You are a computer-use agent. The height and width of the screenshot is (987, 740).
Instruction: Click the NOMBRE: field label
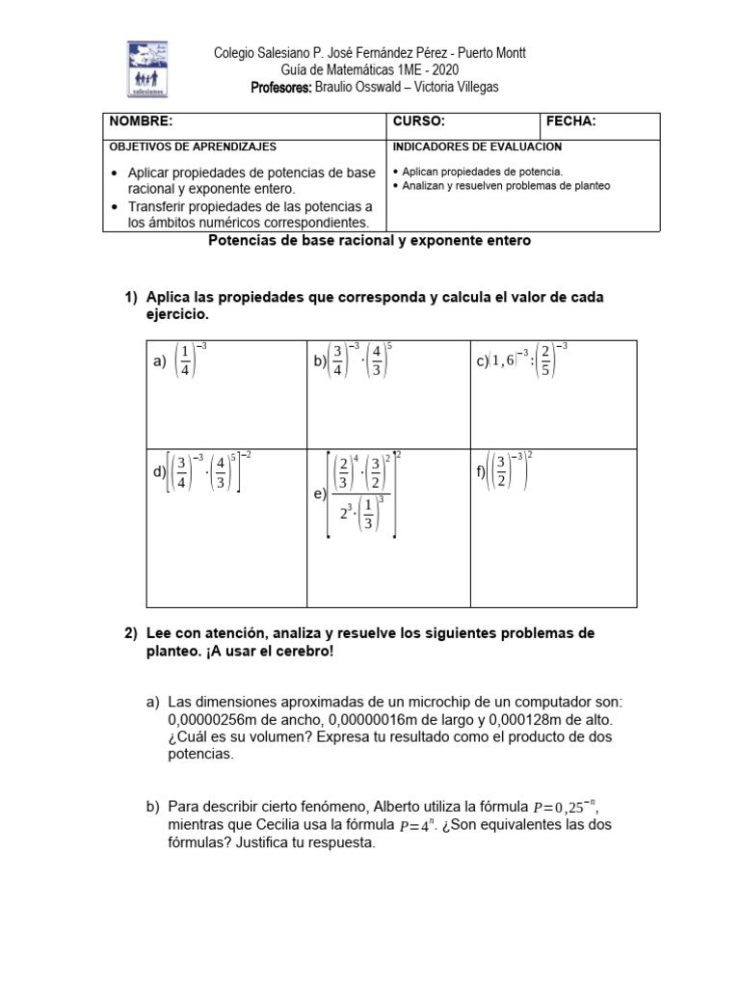141,121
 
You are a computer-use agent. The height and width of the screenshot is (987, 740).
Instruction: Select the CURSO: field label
419,121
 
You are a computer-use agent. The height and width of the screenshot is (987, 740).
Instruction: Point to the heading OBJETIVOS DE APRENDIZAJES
193,147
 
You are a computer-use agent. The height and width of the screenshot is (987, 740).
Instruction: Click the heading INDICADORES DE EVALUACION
478,147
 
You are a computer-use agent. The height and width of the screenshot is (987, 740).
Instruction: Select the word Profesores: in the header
281,88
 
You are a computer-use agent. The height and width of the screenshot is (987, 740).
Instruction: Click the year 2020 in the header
444,70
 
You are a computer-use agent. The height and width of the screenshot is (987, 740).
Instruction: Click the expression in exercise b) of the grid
357,360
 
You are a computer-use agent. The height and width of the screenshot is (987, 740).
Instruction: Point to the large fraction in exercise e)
363,493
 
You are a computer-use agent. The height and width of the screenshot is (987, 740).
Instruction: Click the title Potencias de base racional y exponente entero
369,241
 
